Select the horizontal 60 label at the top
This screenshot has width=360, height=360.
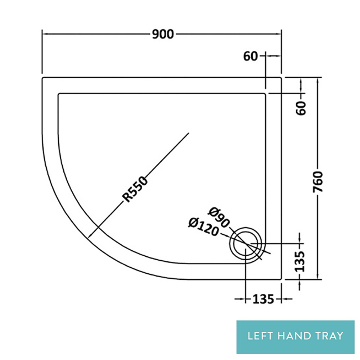pos(251,56)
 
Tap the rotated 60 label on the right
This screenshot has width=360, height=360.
pos(302,108)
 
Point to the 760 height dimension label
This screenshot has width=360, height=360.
pos(318,183)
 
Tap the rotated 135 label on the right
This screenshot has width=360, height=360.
pos(301,260)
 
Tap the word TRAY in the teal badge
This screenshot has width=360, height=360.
pos(329,336)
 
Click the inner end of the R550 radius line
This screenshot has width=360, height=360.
pos(189,133)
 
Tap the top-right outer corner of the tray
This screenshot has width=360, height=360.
pos(281,77)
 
